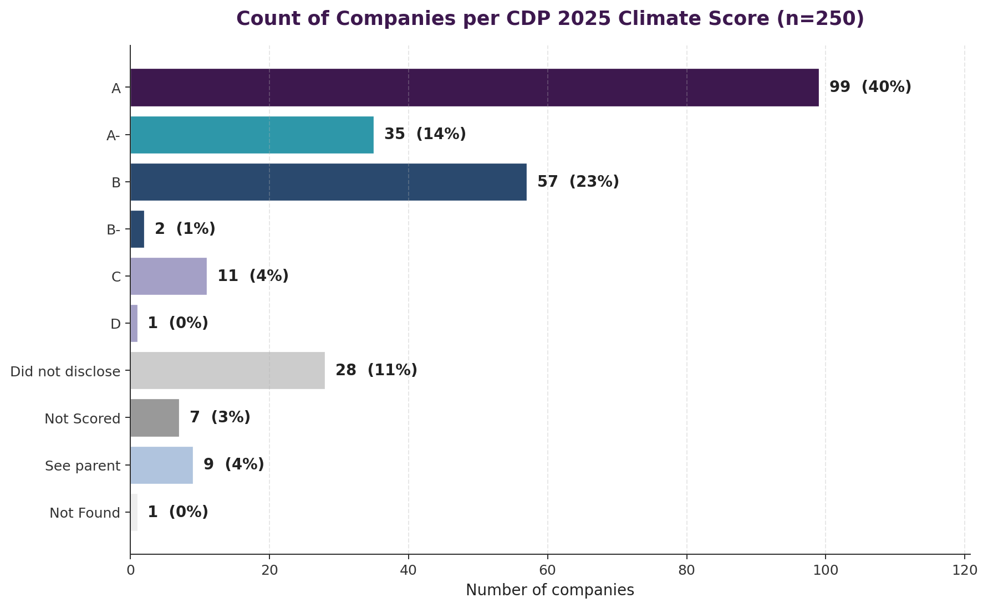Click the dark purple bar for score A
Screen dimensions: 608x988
tap(474, 88)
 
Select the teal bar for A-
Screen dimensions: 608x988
tap(252, 135)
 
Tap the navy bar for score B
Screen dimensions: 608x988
tap(328, 182)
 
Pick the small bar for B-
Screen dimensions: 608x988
tap(137, 229)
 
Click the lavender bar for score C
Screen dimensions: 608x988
tap(169, 276)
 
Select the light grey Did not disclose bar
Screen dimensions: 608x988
tap(227, 370)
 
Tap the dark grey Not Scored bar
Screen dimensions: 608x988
tap(155, 417)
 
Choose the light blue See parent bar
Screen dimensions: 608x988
tap(161, 464)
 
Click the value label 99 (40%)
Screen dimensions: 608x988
tap(870, 87)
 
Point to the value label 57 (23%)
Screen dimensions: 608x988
tap(578, 182)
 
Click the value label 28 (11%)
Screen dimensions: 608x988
tap(376, 370)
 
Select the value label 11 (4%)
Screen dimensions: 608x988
tap(253, 276)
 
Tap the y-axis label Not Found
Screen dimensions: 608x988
tap(85, 513)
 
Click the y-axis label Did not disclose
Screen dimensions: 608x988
tap(65, 371)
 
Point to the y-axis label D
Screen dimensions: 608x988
tap(115, 324)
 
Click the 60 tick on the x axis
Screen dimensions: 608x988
tap(547, 570)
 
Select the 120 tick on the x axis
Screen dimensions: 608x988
tap(965, 570)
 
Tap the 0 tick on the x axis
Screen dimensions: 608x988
tap(130, 570)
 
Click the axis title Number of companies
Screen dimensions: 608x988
tap(549, 590)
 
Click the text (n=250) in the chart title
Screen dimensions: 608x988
tap(820, 19)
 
